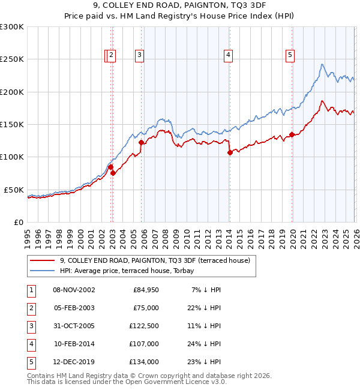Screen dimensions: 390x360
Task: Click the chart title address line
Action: [x=179, y=6]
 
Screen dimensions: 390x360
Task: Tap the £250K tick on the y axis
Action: [x=12, y=59]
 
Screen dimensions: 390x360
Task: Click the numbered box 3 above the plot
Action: [x=139, y=55]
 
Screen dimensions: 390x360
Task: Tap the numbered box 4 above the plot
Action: [x=229, y=55]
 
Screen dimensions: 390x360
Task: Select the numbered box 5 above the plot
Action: [x=290, y=55]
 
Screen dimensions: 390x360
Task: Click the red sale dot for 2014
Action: [x=230, y=153]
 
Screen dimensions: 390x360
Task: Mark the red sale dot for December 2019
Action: [x=292, y=134]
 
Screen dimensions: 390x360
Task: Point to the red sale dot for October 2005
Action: [x=142, y=143]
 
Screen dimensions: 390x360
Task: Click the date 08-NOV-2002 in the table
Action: [x=74, y=290]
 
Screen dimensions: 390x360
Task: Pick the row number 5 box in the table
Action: [x=30, y=362]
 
